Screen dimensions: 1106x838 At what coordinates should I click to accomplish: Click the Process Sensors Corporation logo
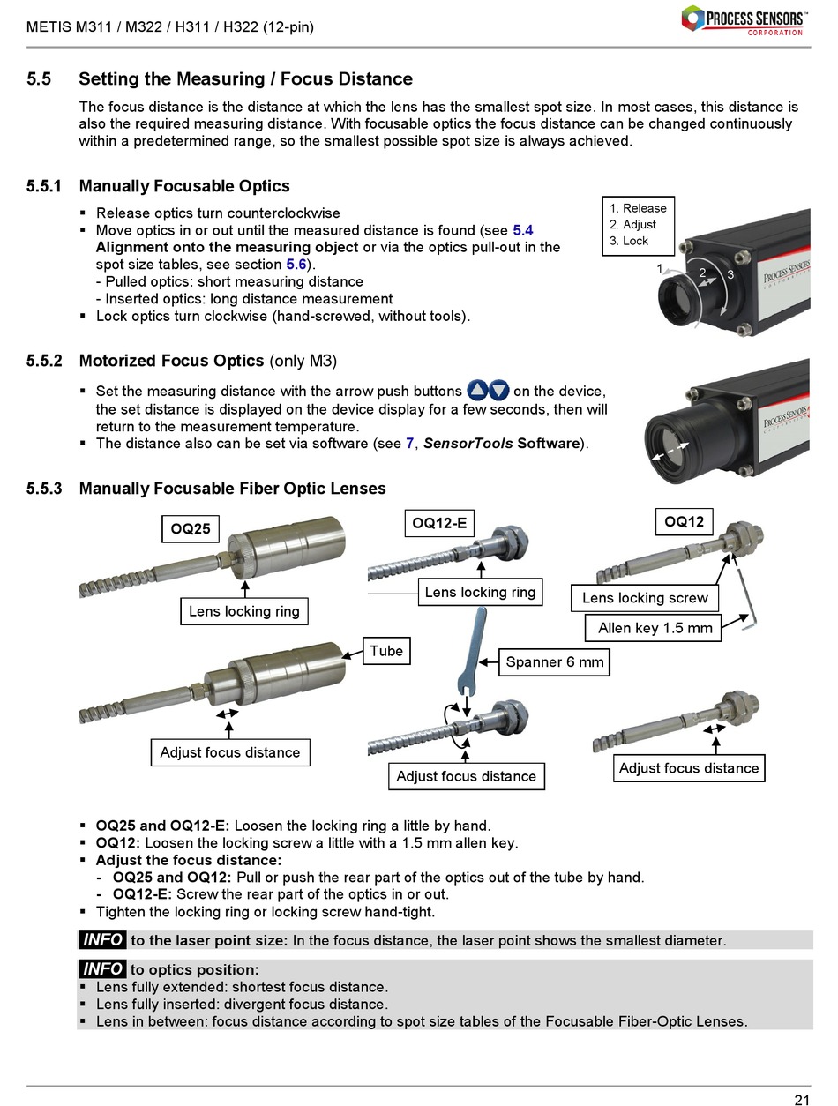[743, 19]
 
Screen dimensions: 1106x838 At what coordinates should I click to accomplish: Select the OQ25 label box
[191, 529]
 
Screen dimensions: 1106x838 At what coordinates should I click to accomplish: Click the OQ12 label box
[684, 522]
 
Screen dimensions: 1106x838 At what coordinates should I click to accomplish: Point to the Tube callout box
[385, 651]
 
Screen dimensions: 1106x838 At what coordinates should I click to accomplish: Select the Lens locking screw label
[645, 598]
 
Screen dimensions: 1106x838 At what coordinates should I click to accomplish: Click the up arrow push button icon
[477, 390]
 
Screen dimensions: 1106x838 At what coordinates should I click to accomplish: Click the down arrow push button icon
[498, 390]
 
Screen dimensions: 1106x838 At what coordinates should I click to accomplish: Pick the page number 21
[801, 1099]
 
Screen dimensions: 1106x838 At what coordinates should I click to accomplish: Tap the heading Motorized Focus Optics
[171, 361]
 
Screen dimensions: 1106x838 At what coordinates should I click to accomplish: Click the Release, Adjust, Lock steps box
[638, 225]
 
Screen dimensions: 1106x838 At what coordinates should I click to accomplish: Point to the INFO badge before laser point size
[102, 940]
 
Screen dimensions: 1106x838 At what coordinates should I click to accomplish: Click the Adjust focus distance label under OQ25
[229, 752]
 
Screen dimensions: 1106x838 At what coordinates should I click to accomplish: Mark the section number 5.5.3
[44, 489]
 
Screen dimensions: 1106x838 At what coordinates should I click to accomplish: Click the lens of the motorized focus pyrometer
[674, 448]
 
